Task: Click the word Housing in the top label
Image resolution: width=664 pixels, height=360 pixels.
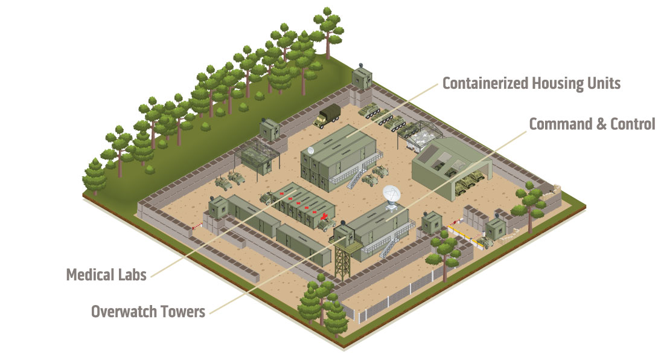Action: (x=551, y=83)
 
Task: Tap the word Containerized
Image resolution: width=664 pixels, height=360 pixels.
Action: (x=485, y=83)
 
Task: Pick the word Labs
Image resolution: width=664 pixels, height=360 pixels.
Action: (x=132, y=275)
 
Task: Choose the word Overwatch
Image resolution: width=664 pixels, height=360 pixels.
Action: (x=123, y=312)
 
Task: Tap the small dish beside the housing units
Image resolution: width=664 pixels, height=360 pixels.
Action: (x=311, y=150)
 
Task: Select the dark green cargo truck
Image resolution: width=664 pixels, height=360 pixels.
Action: (x=327, y=115)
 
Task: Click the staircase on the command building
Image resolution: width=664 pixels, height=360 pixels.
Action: (x=388, y=248)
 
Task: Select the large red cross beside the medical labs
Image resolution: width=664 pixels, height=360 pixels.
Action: (x=324, y=217)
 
